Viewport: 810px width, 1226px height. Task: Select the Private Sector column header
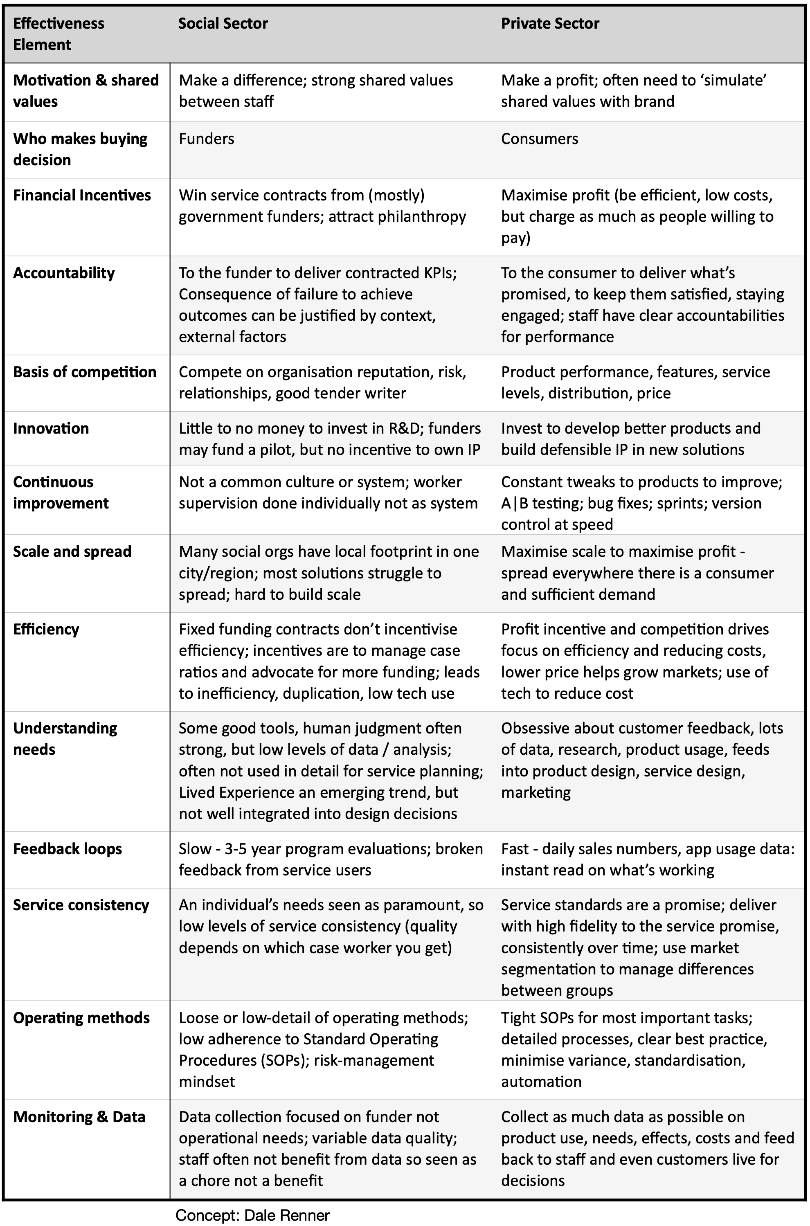pos(550,23)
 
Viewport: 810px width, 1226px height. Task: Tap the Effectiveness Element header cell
pos(59,34)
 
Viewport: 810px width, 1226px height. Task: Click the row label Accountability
pos(63,273)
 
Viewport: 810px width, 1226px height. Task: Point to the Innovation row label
pos(51,428)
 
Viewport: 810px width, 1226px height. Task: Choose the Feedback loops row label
pos(67,848)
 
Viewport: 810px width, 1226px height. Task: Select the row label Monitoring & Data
pos(79,1116)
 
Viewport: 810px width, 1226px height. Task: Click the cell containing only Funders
pos(206,138)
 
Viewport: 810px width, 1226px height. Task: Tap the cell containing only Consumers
pos(539,138)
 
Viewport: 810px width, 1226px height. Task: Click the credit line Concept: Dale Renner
pos(252,1215)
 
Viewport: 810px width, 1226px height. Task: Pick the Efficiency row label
pos(46,629)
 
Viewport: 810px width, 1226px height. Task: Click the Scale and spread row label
pos(72,551)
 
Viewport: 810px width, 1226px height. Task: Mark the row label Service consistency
pos(81,905)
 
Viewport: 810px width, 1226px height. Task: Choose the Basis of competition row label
pos(84,372)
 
